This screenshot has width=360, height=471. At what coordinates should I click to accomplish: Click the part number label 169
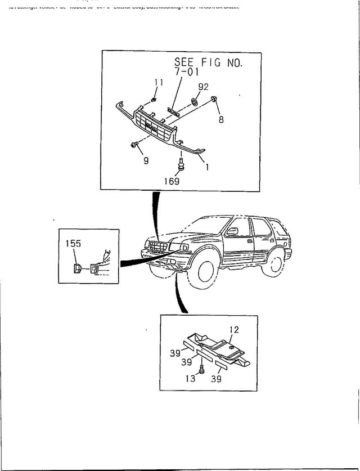pyautogui.click(x=172, y=181)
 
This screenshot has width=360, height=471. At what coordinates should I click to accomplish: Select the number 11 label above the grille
pyautogui.click(x=159, y=82)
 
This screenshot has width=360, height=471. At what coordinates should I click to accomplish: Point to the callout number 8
pyautogui.click(x=220, y=119)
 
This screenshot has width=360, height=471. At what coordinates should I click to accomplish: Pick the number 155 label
pyautogui.click(x=74, y=244)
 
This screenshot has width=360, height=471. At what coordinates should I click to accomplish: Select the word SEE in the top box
pyautogui.click(x=185, y=62)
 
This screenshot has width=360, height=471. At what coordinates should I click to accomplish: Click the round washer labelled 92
pyautogui.click(x=194, y=101)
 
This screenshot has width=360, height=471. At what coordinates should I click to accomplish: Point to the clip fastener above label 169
pyautogui.click(x=181, y=164)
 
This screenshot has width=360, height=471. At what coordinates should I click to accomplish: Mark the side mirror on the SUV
pyautogui.click(x=232, y=231)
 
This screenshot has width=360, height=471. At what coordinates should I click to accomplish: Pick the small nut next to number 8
pyautogui.click(x=214, y=100)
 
